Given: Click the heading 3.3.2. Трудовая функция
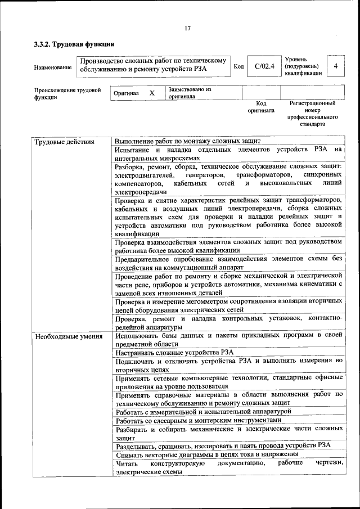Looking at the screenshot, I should [x=74, y=43].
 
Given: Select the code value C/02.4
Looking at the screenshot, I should [x=264, y=66].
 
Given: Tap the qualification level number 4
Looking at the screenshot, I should [x=335, y=66].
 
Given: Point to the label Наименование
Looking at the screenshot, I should [x=53, y=68].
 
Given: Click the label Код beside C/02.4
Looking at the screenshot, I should [x=238, y=66].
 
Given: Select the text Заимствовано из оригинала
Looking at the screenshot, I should [x=190, y=93].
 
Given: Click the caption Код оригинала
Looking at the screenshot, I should [x=261, y=107].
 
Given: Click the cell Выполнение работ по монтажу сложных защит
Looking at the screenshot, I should [x=187, y=142].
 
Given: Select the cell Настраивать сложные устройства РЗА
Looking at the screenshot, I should [x=174, y=352].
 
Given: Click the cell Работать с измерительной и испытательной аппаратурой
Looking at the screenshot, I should [x=203, y=411].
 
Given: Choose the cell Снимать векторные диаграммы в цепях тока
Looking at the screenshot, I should [x=206, y=454].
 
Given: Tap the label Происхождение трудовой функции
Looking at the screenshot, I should [x=67, y=93].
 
